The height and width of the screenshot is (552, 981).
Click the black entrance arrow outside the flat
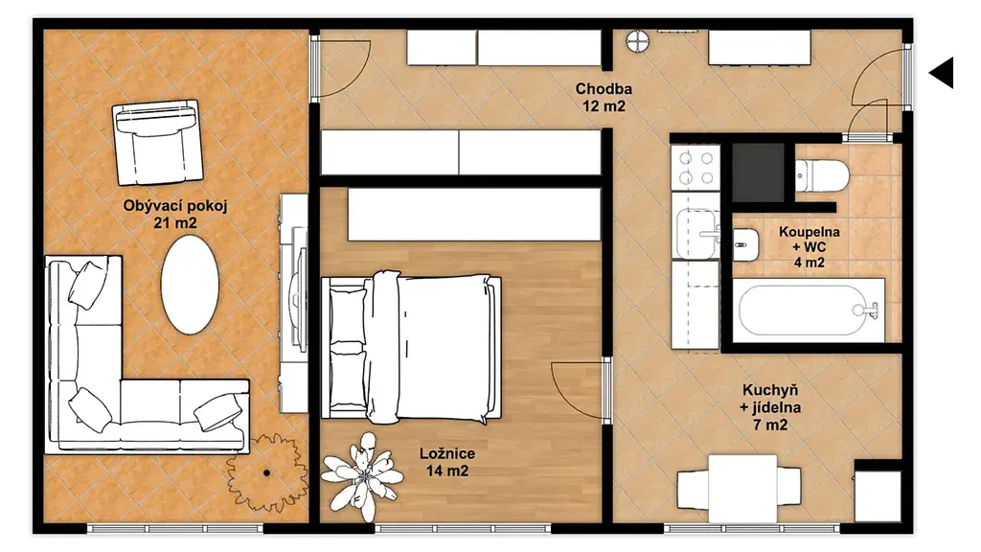(x=944, y=73)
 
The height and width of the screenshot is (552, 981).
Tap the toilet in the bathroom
(x=821, y=176)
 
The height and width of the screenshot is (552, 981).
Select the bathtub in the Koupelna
(x=809, y=310)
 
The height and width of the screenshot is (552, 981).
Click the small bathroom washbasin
(x=745, y=244)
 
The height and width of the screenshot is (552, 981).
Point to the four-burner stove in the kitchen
(x=696, y=168)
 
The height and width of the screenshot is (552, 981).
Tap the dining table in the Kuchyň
(x=742, y=489)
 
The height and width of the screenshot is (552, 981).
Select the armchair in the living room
(x=157, y=143)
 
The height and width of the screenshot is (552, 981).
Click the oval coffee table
(x=190, y=285)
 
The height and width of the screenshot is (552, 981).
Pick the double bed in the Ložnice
(x=411, y=348)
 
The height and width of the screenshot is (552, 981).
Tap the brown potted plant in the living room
(x=267, y=472)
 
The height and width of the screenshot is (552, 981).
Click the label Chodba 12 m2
(x=604, y=98)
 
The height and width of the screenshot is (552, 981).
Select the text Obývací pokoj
(x=175, y=205)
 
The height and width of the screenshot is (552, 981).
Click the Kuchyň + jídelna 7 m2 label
(x=770, y=407)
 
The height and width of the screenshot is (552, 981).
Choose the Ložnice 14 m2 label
(x=446, y=462)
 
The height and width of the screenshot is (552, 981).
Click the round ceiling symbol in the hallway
(x=637, y=42)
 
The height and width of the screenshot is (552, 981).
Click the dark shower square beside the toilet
(x=759, y=172)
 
